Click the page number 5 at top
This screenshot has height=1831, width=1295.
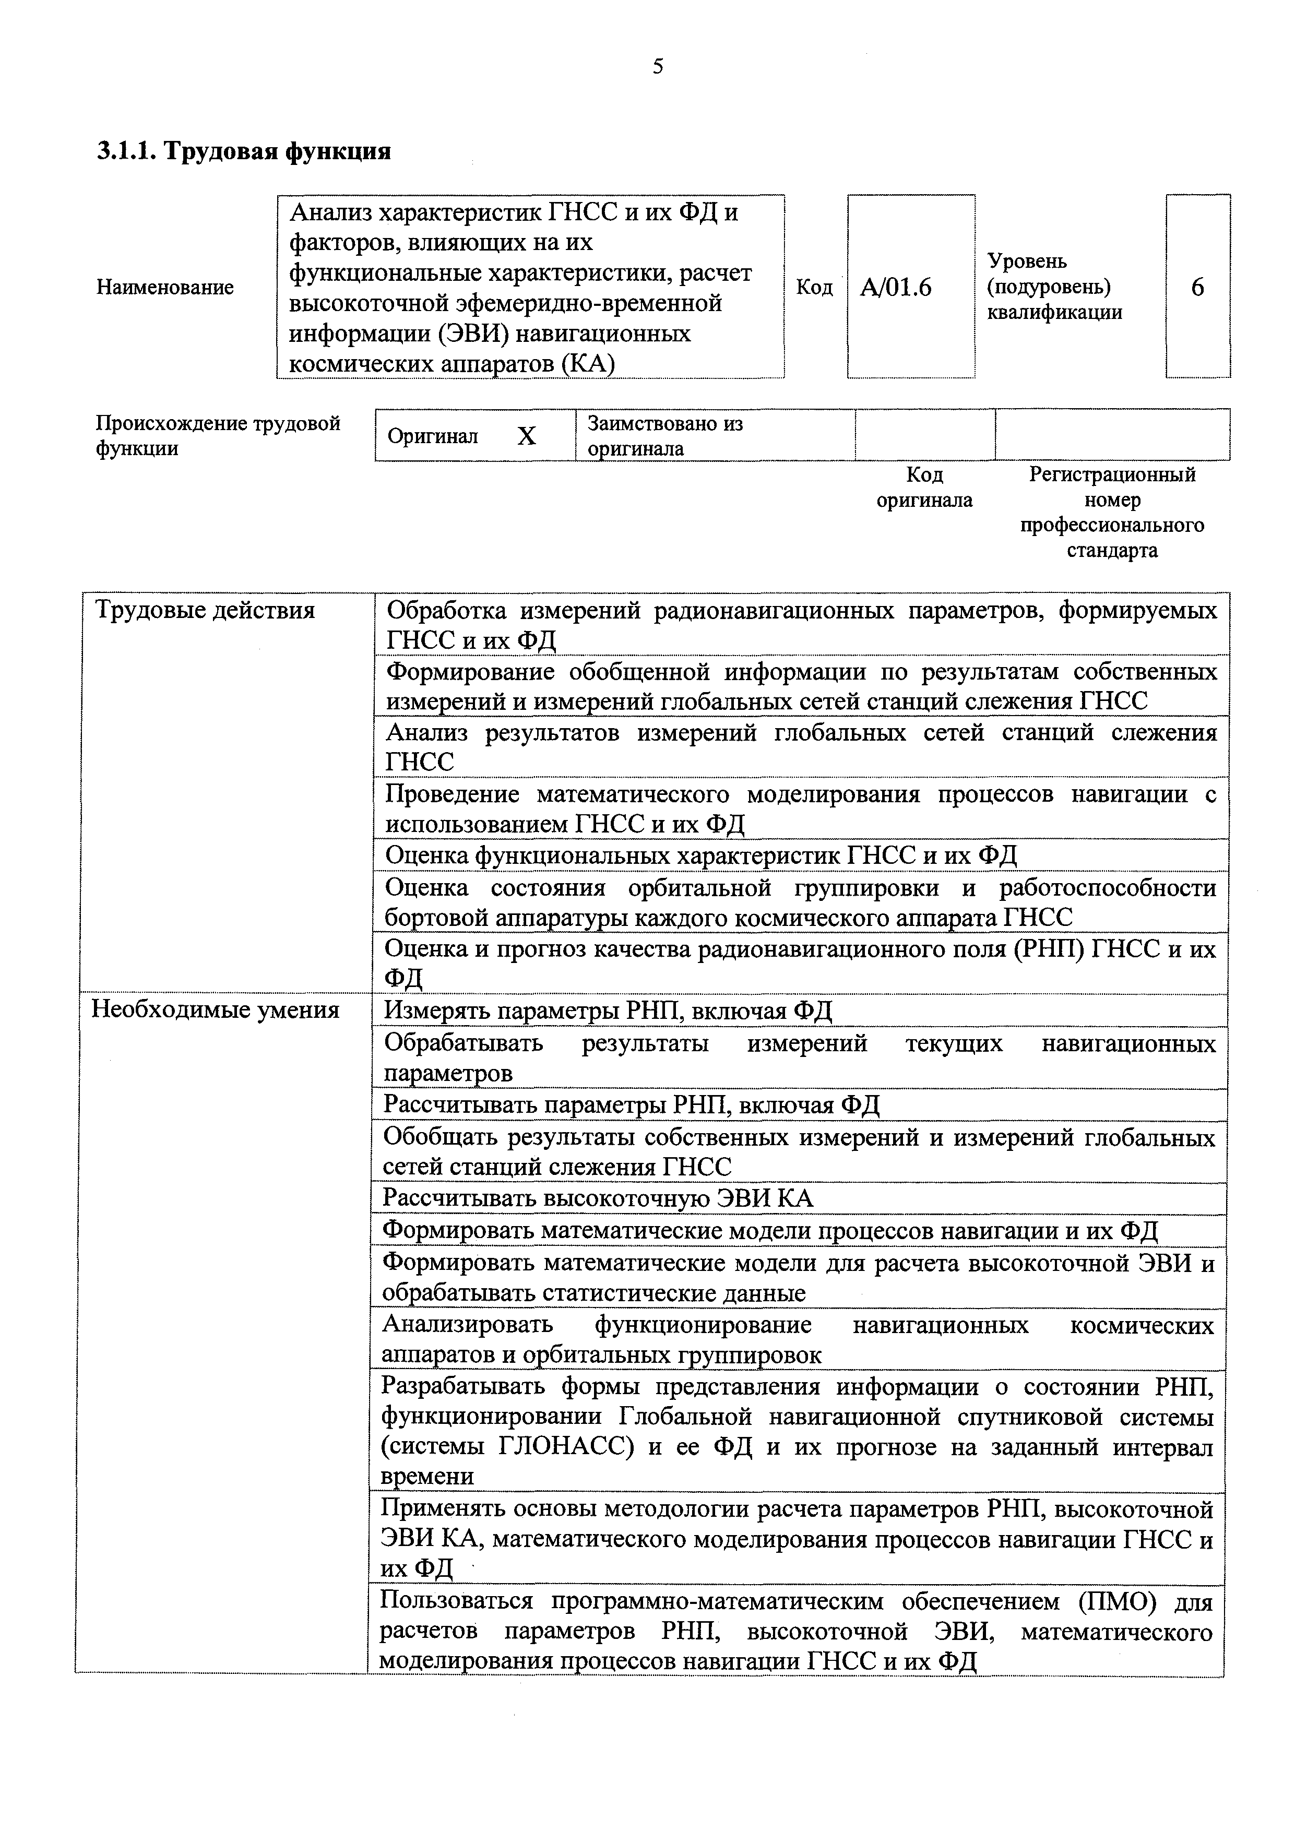(x=658, y=67)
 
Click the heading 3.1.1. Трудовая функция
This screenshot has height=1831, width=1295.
(x=243, y=151)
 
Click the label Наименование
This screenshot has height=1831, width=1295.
(x=165, y=287)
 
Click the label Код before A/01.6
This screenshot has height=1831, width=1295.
(x=814, y=287)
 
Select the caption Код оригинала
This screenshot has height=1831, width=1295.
(x=924, y=488)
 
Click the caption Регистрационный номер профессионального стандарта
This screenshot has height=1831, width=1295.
(x=1112, y=512)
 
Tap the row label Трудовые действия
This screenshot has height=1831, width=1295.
(x=205, y=610)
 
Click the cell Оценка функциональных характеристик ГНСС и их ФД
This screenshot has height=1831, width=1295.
(x=701, y=855)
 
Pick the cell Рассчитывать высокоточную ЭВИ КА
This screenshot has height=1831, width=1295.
(x=598, y=1198)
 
